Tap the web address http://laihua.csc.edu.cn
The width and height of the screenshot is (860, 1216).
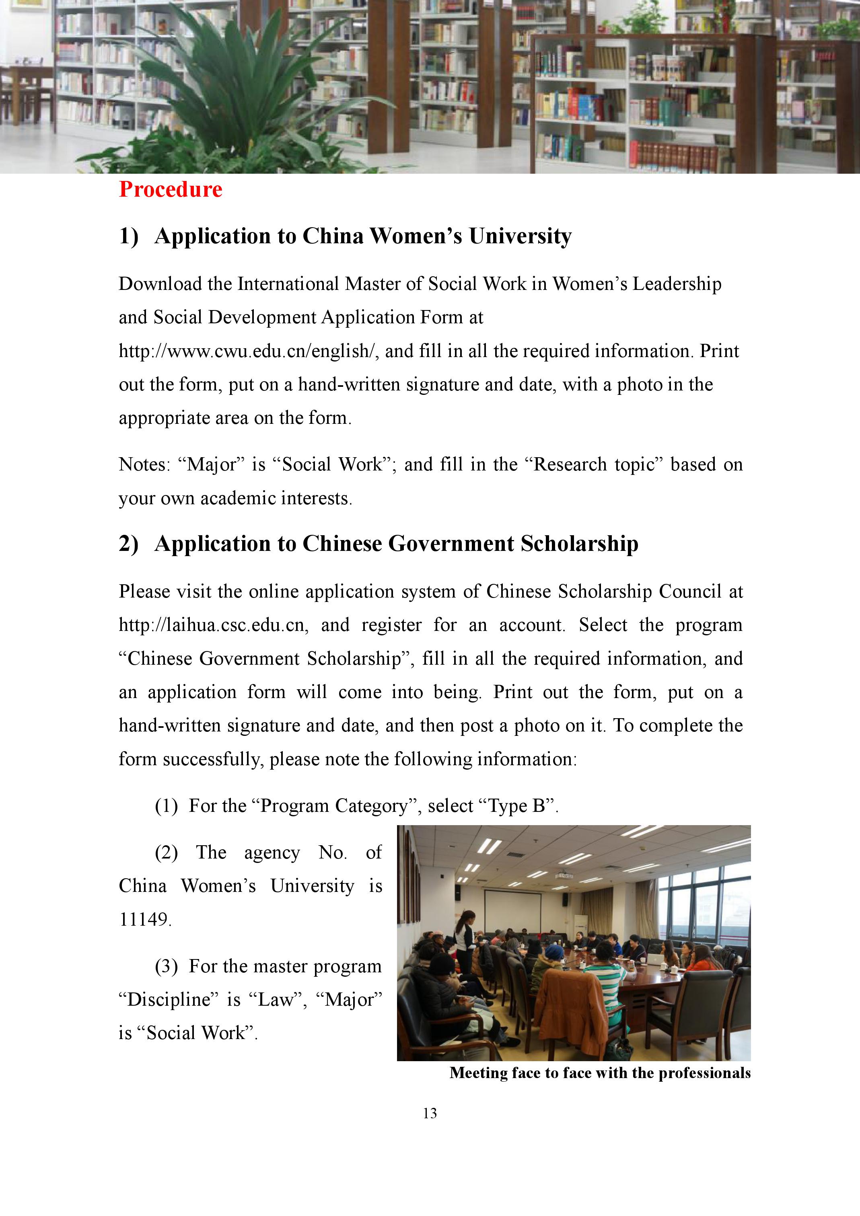212,625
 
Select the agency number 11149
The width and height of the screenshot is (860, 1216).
144,919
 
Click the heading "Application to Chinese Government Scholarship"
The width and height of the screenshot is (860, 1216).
396,544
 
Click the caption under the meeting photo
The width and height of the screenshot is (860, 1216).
600,1073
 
